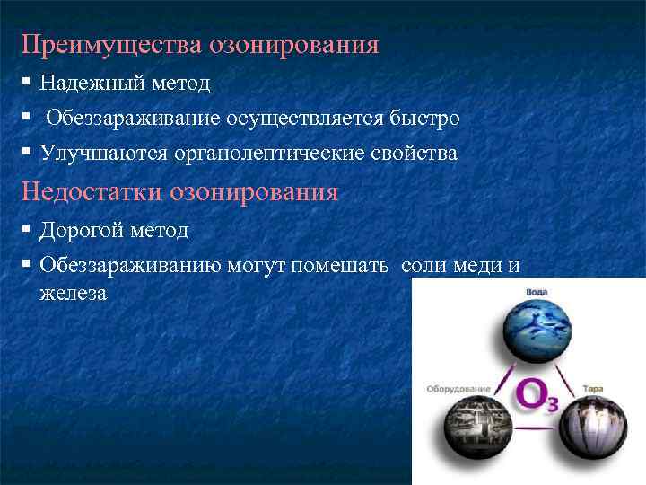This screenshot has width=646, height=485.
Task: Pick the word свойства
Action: tap(415, 154)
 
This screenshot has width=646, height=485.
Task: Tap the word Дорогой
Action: tap(82, 231)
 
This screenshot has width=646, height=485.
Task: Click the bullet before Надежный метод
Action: tap(28, 83)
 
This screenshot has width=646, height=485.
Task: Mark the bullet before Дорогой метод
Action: tap(28, 230)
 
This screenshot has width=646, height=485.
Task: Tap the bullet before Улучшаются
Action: tap(28, 153)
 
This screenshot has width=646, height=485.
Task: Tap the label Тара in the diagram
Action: tap(592, 388)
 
